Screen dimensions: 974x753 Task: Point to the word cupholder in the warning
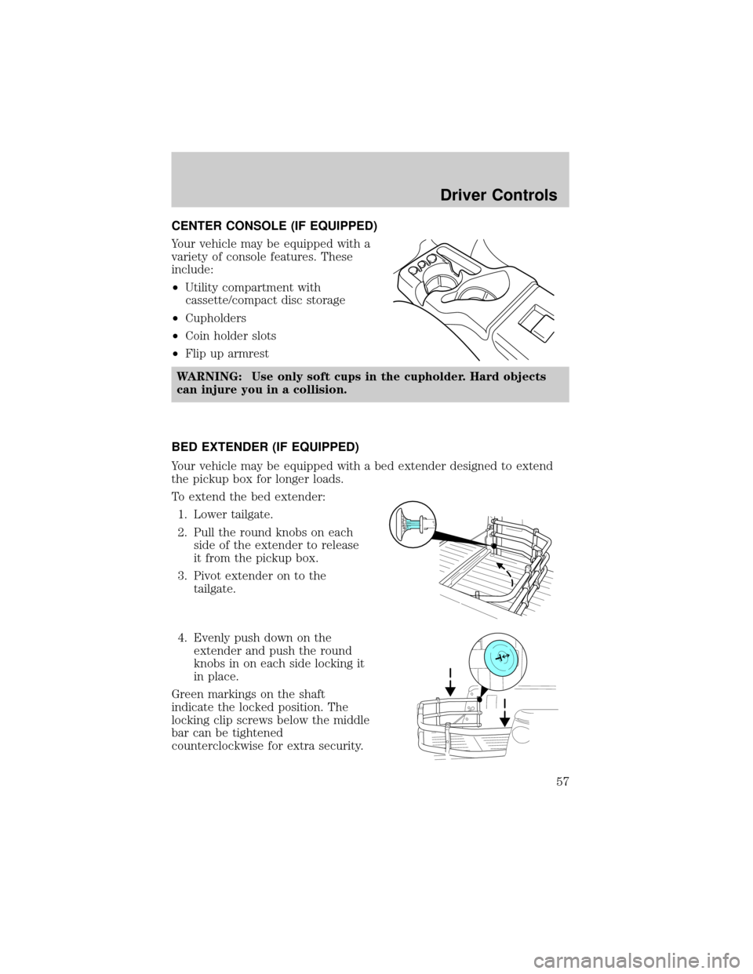point(420,377)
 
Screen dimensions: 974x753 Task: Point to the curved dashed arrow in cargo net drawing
point(504,572)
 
